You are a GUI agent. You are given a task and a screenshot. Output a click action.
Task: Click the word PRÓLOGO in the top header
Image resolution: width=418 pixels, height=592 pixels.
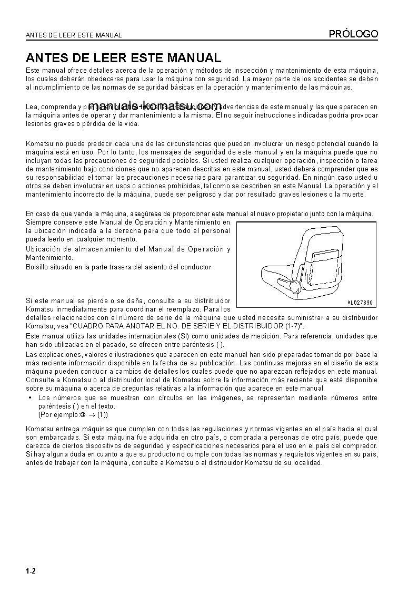[x=353, y=34]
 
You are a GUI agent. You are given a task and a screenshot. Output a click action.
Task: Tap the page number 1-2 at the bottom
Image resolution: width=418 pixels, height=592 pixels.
[x=31, y=571]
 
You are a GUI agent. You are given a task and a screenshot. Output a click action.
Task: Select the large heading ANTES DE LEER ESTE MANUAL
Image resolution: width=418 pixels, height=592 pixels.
[x=123, y=57]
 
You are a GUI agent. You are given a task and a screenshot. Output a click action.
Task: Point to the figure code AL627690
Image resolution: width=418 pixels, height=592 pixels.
[x=360, y=303]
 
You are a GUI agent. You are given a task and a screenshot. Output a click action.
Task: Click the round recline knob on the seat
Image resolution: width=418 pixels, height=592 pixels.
[x=292, y=286]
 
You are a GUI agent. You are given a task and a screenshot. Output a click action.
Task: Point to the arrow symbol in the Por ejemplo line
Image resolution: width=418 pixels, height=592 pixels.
[x=92, y=415]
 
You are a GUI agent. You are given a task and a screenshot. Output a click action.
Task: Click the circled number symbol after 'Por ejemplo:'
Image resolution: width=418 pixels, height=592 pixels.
[x=83, y=415]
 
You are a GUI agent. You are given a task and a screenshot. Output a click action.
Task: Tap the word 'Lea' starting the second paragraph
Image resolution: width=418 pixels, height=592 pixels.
[x=32, y=107]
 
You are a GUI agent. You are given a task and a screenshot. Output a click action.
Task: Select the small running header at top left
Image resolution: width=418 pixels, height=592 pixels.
[x=74, y=35]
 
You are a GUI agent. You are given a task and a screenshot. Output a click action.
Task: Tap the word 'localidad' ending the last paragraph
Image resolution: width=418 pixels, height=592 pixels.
[x=306, y=463]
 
